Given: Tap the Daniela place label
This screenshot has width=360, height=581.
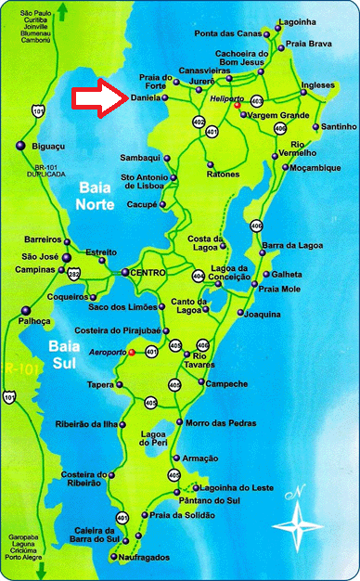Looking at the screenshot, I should click(147, 97).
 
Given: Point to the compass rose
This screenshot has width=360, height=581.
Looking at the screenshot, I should click(300, 520).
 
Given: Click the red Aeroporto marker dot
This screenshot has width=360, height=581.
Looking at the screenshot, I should click(131, 353).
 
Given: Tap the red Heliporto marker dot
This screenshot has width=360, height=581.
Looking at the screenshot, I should click(237, 106).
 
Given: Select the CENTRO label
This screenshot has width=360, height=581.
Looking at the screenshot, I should click(150, 272).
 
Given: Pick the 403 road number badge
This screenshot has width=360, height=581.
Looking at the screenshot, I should click(257, 99).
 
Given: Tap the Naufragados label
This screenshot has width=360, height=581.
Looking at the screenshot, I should click(144, 557).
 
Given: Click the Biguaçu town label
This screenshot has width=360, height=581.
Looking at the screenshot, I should click(47, 145).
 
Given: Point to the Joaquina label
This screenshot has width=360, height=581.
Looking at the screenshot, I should click(262, 315).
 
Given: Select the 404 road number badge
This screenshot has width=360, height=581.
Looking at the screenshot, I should click(198, 276).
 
